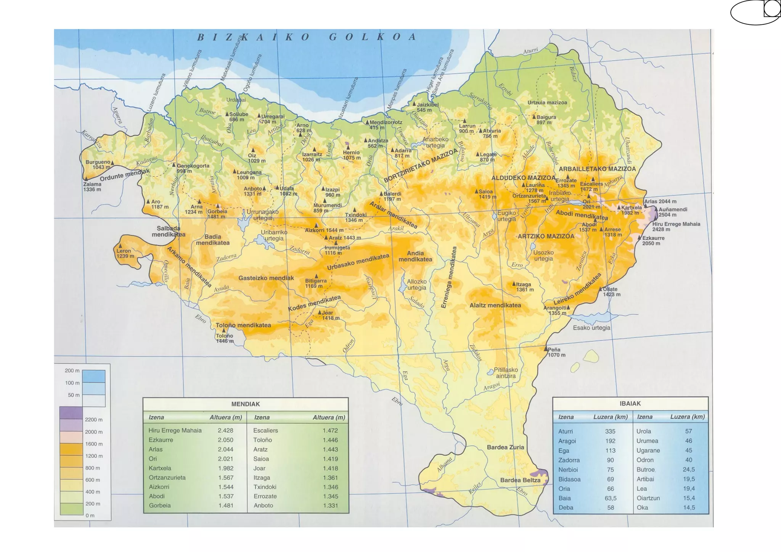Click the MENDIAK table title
tap(245, 404)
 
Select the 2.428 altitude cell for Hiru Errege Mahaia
tap(225, 430)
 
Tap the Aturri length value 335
tap(610, 431)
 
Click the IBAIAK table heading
tap(630, 403)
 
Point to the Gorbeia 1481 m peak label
tap(217, 214)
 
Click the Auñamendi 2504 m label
tap(673, 212)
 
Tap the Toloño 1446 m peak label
tap(224, 338)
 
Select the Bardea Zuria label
tap(505, 447)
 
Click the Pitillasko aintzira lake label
tap(506, 373)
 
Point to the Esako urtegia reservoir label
tap(591, 328)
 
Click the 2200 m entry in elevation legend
tap(93, 420)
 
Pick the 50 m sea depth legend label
tap(74, 395)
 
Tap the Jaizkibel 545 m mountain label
tap(427, 107)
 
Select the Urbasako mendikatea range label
tap(358, 262)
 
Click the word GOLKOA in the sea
tap(373, 37)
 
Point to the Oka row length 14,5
tap(689, 507)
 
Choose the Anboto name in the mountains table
tap(263, 505)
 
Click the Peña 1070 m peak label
tap(556, 352)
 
